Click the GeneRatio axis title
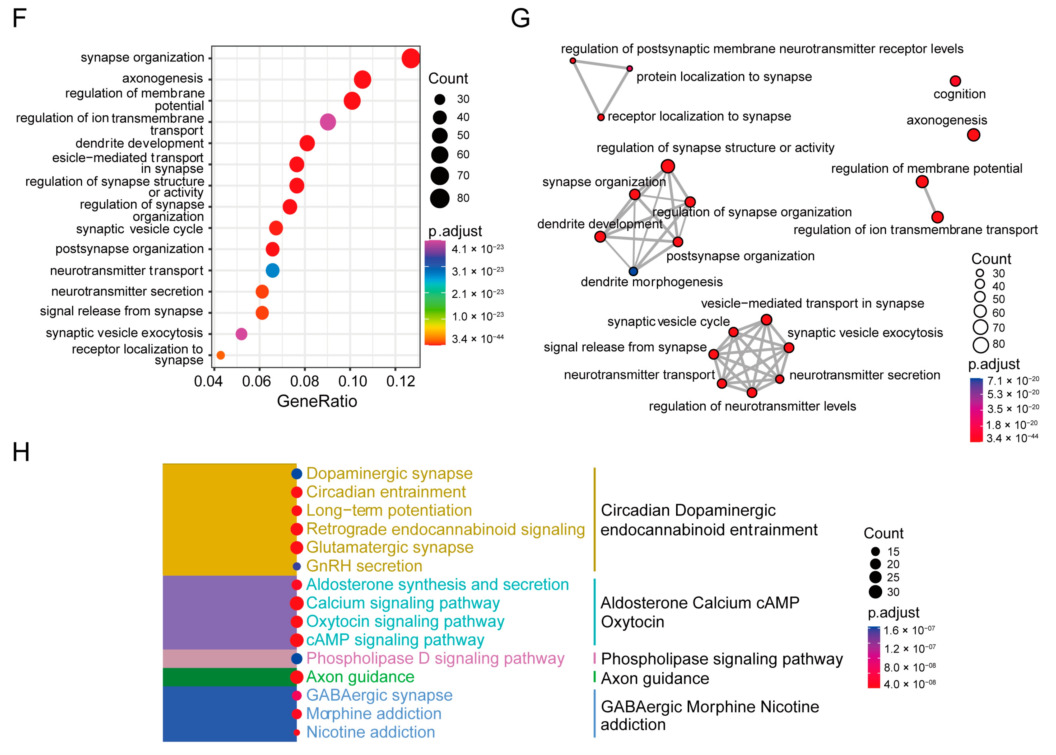pos(317,401)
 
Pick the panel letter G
pos(520,18)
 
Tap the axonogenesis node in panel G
pos(973,135)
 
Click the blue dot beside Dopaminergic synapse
pos(297,474)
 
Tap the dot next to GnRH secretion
pos(297,566)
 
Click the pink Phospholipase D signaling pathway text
pos(435,658)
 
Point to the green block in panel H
pos(229,677)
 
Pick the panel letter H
pos(21,452)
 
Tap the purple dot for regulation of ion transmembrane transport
pos(328,122)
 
